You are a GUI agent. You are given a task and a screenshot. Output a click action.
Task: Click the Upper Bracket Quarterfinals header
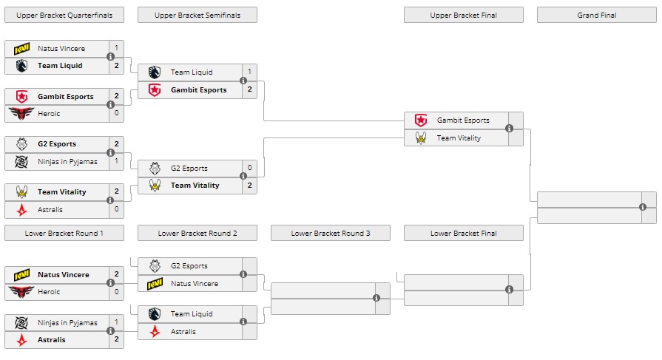[64, 15]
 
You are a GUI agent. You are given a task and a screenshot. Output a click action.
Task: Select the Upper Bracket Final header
[463, 15]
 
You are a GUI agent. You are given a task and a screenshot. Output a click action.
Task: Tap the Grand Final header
[596, 15]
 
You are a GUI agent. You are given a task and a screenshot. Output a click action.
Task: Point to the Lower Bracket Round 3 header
[330, 234]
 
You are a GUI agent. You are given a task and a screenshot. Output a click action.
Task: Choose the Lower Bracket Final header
[463, 234]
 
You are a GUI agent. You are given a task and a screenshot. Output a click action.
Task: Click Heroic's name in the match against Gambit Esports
[49, 114]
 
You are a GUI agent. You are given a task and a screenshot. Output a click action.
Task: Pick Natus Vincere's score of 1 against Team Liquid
[116, 48]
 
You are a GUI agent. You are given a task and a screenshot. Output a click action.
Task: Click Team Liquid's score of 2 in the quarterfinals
[116, 66]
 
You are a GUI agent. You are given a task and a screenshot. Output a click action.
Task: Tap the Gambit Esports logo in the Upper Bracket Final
[421, 120]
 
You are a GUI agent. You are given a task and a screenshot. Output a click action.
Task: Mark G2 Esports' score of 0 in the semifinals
[249, 168]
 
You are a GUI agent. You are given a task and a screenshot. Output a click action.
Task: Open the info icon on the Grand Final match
[643, 207]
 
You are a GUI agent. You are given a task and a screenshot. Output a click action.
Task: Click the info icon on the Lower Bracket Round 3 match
[376, 298]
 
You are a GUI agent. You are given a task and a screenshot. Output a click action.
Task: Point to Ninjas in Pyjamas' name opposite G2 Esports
[67, 162]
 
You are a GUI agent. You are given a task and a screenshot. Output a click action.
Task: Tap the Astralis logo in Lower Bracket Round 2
[155, 332]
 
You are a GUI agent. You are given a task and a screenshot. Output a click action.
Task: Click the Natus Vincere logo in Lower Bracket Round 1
[21, 274]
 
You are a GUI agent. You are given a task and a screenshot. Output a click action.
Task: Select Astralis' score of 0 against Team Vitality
[116, 210]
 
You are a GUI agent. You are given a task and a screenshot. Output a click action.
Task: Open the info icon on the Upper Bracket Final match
[510, 129]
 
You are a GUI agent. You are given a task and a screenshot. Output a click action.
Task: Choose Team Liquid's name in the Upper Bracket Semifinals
[192, 72]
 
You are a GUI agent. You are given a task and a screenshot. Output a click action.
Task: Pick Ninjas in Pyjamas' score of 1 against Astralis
[116, 322]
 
